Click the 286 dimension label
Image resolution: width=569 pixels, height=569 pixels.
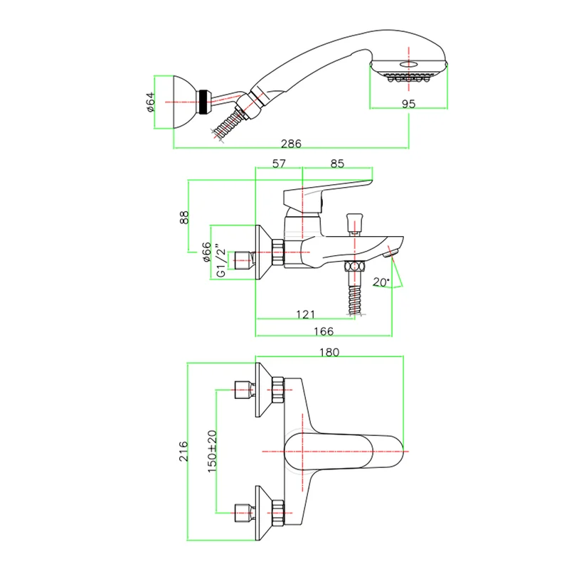point(291,144)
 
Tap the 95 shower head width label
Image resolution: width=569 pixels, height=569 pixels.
point(408,104)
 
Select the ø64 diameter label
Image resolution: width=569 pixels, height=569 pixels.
point(150,102)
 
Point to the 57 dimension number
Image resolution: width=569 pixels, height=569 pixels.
point(279,164)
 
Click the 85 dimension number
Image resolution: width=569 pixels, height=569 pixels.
point(337,164)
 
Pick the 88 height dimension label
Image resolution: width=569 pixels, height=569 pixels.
point(184,218)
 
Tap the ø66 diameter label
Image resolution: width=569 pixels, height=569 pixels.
point(206,252)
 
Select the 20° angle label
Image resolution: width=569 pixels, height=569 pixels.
point(381,282)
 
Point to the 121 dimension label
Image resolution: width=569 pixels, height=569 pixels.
point(306,314)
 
